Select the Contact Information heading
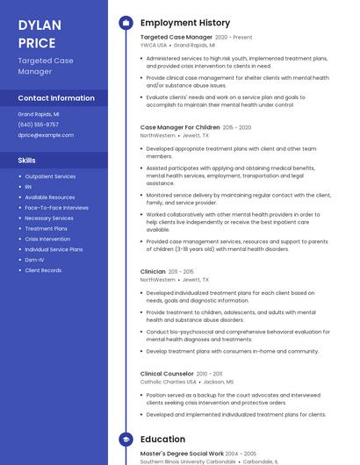click(56, 98)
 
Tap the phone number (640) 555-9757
click(39, 125)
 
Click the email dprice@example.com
click(46, 135)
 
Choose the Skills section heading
click(27, 161)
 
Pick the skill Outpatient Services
click(50, 176)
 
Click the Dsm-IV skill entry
click(35, 260)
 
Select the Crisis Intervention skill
click(47, 239)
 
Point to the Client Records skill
click(43, 270)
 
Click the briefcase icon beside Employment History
click(126, 23)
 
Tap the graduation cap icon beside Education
click(126, 440)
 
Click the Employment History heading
click(185, 23)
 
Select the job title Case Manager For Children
click(180, 127)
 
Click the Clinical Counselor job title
click(167, 374)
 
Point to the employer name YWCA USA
click(154, 45)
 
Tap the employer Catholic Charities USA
click(169, 382)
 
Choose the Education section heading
click(162, 440)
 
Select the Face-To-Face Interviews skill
click(56, 208)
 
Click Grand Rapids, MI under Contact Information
click(39, 114)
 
